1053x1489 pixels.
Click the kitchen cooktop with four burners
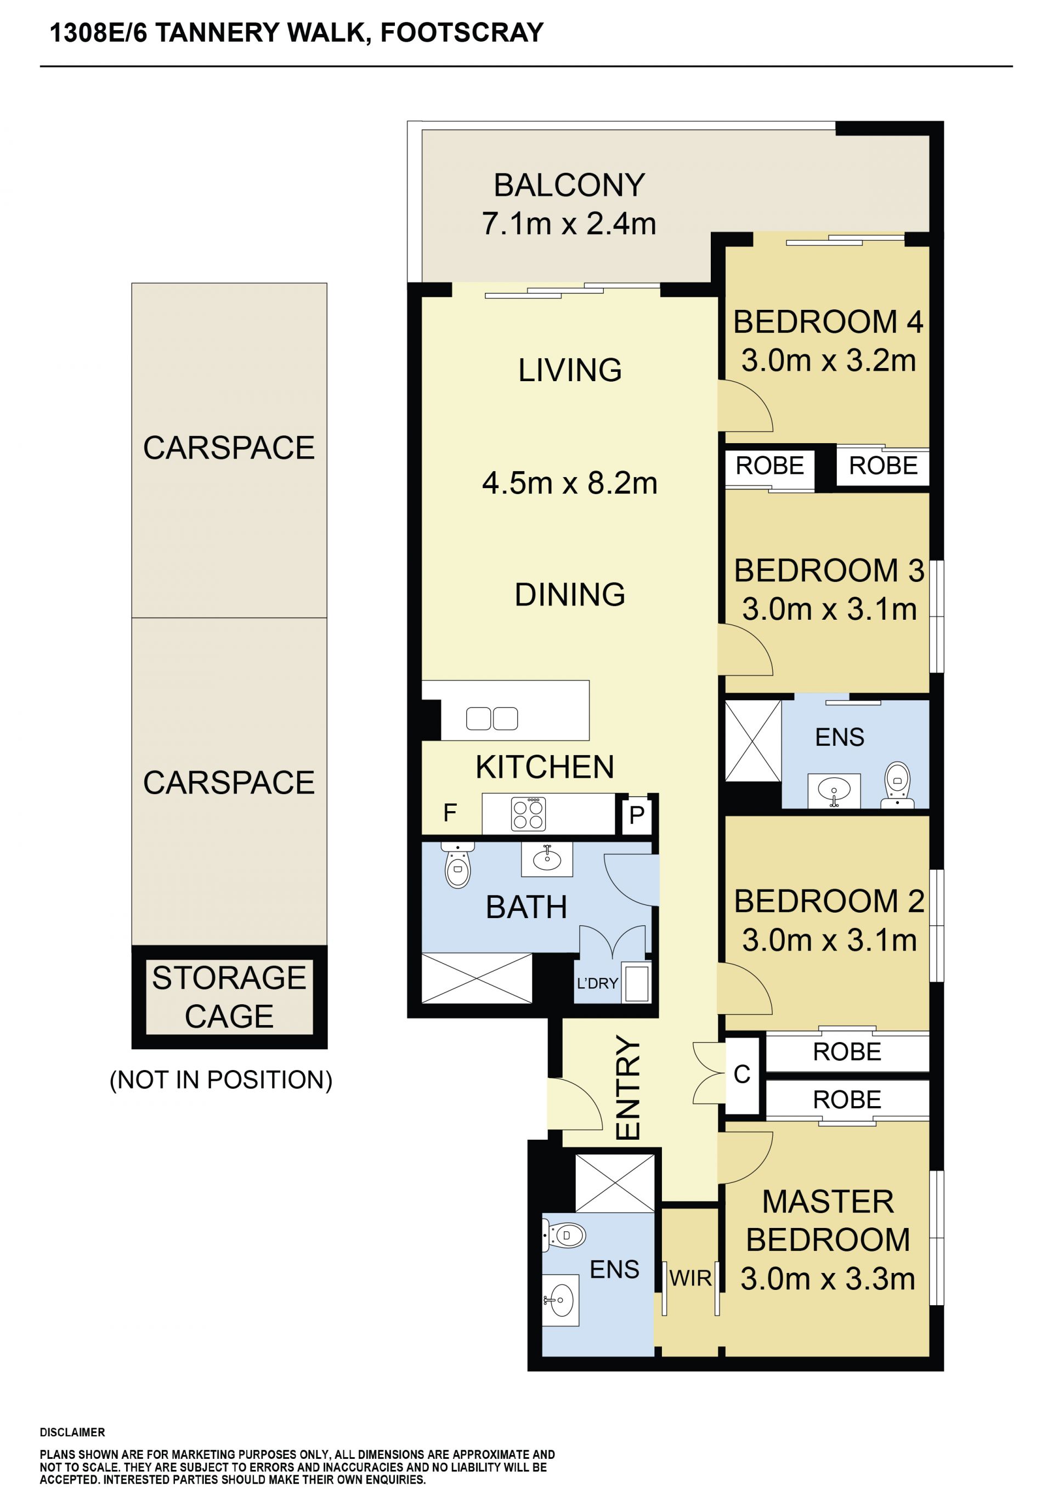529,814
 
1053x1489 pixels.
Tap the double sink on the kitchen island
492,718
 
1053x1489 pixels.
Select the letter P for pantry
637,814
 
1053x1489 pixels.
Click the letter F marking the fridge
450,813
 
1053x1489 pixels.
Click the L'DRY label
597,983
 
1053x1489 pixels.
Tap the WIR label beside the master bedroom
690,1278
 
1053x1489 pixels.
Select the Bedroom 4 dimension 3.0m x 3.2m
829,360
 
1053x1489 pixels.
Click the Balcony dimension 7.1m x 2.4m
569,224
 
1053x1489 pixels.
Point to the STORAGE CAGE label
229,997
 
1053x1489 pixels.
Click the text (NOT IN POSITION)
221,1080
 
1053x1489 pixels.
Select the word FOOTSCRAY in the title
462,32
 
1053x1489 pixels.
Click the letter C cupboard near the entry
742,1074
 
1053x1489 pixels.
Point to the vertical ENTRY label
627,1087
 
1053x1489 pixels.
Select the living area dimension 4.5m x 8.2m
569,484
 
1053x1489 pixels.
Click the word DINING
570,595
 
